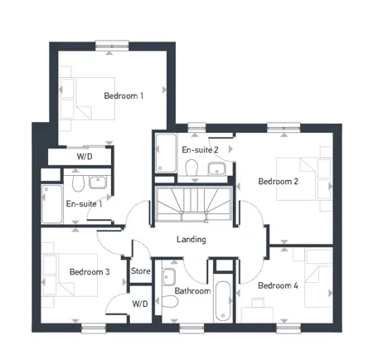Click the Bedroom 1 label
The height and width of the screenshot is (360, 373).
coord(124,96)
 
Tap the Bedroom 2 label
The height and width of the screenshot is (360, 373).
coord(278,182)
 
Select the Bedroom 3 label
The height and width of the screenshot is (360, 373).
coord(90,272)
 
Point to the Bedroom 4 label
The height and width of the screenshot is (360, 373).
coord(278,285)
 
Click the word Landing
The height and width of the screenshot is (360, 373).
coord(191,240)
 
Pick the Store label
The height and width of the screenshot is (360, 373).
coord(141,271)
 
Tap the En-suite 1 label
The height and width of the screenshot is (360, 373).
coord(85,204)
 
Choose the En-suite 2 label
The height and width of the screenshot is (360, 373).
coord(200,150)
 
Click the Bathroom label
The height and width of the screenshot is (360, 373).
coord(192,291)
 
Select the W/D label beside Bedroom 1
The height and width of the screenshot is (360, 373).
coord(85,157)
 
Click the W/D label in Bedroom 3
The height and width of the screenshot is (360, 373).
coord(140,304)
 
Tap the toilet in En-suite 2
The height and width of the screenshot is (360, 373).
coord(191,168)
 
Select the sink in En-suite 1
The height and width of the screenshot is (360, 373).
coord(98,182)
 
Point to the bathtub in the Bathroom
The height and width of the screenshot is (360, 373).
coord(223,301)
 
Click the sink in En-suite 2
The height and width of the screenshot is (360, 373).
coord(217,168)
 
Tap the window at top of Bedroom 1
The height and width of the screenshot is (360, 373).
coord(112,46)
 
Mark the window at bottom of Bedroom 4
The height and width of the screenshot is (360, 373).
coord(288,328)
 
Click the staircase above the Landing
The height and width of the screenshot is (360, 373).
coord(193,204)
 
